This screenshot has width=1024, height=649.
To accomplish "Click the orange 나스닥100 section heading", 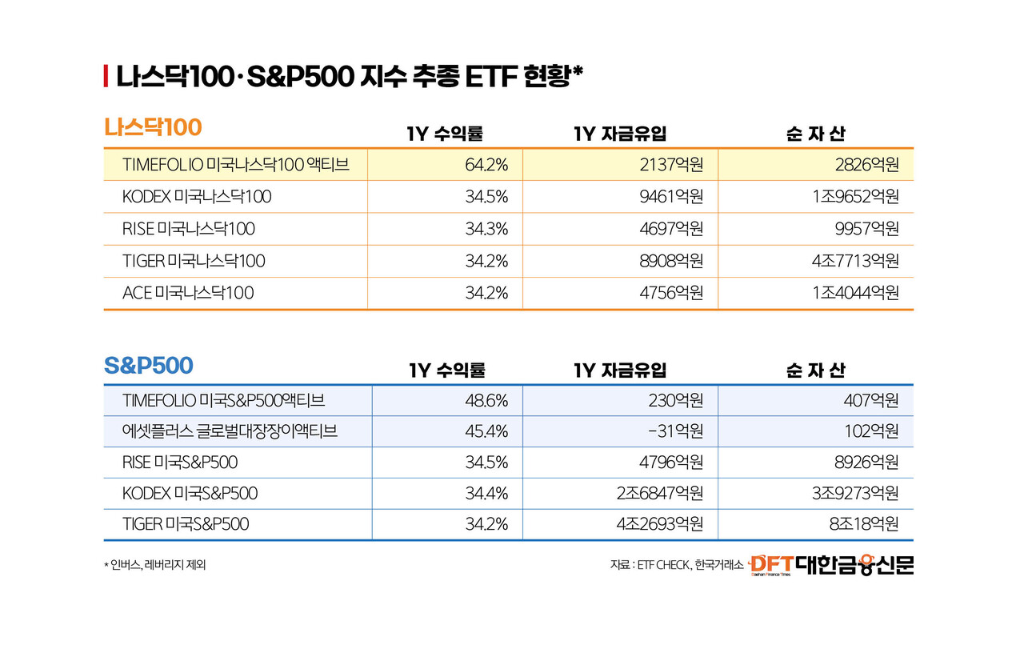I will coord(153,127).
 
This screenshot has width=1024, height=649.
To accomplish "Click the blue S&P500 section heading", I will coord(149,366).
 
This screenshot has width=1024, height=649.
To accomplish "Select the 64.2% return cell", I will coord(486,165).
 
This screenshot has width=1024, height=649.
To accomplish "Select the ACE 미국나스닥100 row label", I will coord(188,293).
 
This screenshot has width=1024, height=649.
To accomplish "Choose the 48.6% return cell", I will coord(486,399).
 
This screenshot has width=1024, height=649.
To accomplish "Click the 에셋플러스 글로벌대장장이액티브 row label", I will coord(230,431).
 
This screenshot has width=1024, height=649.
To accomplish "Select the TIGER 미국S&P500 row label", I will coord(186,524).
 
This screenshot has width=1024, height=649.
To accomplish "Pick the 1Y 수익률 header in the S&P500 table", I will coord(447,371).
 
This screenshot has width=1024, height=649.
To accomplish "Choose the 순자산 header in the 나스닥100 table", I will coord(815,134).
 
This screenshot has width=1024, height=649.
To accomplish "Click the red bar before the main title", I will coord(106,77).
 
